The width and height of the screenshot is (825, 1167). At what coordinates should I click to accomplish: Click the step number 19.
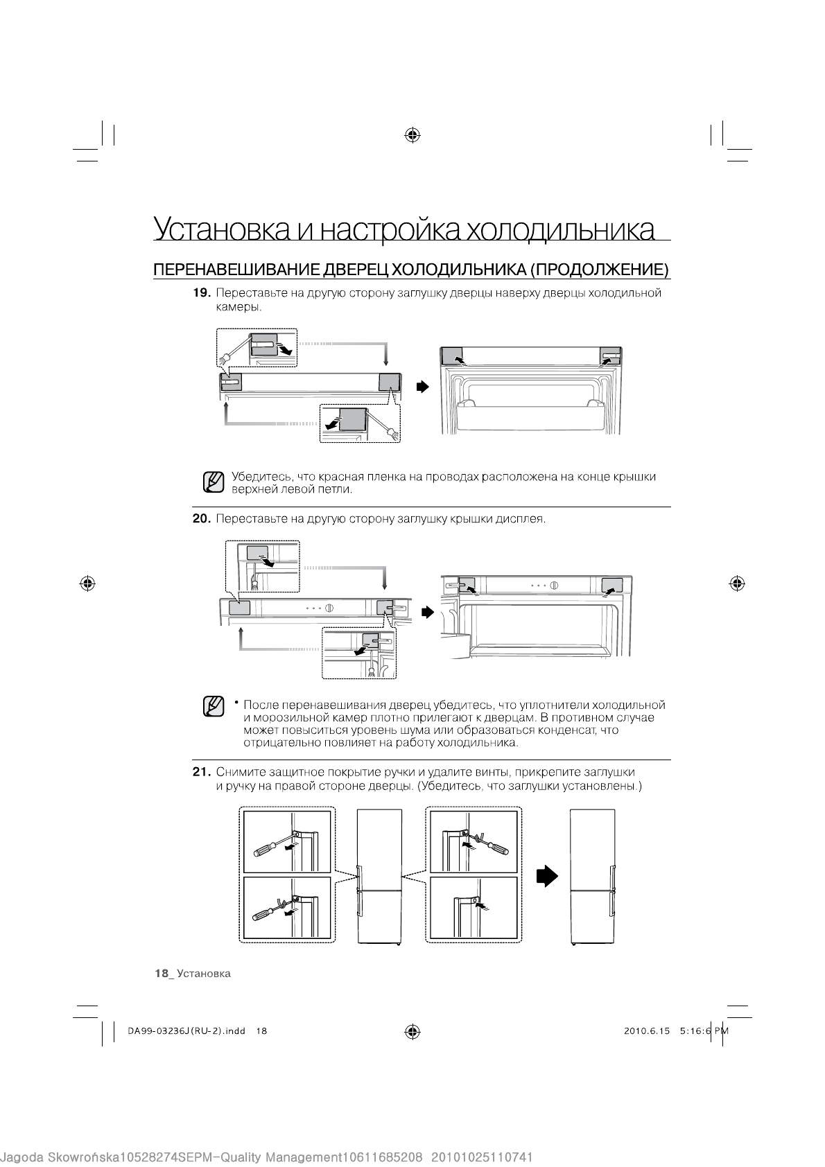[201, 293]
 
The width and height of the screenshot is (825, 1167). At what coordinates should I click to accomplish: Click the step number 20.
[201, 518]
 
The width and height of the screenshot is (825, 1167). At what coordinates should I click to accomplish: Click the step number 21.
[201, 772]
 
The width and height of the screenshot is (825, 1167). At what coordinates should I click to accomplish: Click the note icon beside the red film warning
[214, 482]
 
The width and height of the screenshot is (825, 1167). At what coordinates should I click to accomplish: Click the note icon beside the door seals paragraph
[214, 706]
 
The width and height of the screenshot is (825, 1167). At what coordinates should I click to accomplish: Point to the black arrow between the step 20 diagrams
[427, 612]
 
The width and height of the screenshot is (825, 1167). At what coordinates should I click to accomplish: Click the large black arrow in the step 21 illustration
[547, 876]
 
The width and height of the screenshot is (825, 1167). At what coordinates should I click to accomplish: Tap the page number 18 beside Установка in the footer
[162, 974]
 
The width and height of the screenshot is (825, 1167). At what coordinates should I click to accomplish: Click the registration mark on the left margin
[87, 583]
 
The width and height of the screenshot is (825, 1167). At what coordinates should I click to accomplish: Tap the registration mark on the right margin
[737, 583]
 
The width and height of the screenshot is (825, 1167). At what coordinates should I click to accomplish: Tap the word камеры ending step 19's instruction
[238, 306]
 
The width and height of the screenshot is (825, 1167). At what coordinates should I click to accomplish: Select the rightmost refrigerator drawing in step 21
[592, 877]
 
